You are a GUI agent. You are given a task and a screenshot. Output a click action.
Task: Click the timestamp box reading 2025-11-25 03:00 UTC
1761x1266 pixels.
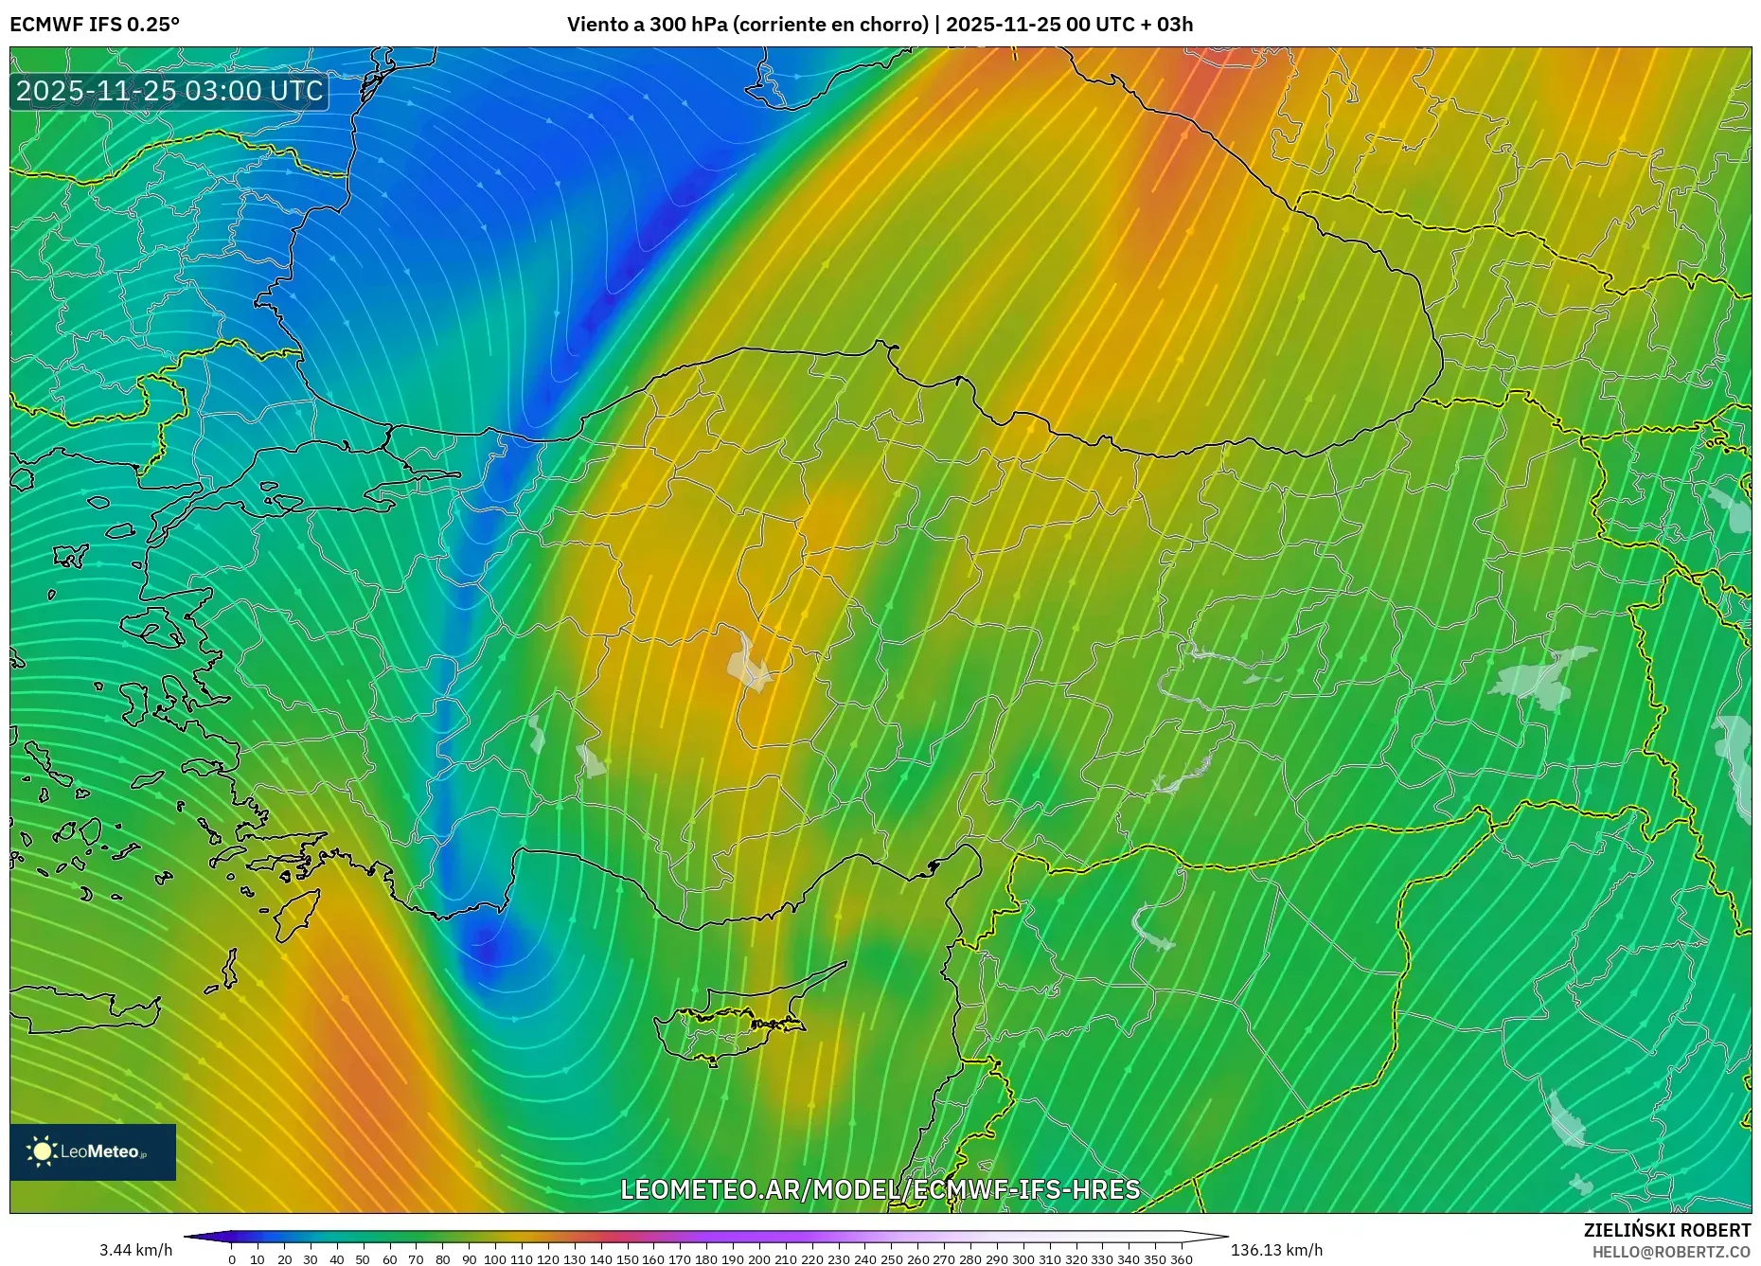[170, 91]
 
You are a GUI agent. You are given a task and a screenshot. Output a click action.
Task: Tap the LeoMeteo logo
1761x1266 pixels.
[93, 1151]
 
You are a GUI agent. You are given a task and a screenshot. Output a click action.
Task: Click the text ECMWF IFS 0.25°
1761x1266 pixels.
[95, 25]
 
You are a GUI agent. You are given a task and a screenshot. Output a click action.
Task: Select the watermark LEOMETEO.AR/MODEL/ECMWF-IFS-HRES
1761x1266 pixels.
[880, 1189]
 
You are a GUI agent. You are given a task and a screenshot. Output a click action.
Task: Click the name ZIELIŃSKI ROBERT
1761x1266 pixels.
[1666, 1230]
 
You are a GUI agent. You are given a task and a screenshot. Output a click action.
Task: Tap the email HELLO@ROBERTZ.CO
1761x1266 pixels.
[1671, 1252]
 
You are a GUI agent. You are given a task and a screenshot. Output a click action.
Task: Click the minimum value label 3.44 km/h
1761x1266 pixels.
[136, 1250]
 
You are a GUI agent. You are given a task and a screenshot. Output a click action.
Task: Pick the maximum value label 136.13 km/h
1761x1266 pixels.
[1276, 1250]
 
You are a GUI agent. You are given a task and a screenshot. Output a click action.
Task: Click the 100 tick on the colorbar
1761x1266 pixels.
[495, 1259]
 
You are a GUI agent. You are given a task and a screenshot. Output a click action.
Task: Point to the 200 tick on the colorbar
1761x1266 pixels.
[758, 1259]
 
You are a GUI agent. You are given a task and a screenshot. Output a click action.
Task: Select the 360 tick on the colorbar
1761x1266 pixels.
[1181, 1259]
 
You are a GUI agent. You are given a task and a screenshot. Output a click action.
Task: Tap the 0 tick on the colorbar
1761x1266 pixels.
[232, 1259]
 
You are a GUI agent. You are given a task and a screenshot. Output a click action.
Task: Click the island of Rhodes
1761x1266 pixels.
[295, 913]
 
